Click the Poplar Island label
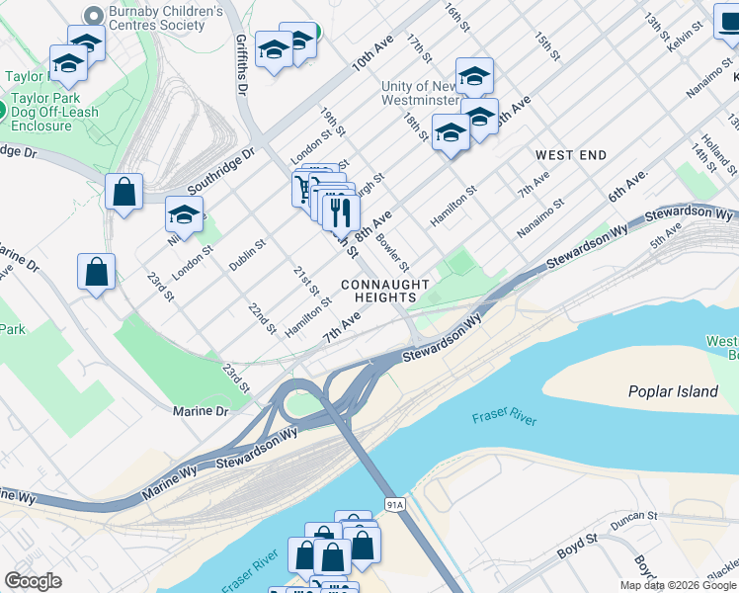(x=673, y=391)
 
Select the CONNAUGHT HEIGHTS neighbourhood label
(x=385, y=292)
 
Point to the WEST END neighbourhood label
(x=571, y=155)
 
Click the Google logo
(x=33, y=581)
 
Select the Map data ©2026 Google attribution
(x=678, y=585)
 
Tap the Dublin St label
(x=247, y=254)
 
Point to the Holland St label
(x=715, y=150)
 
